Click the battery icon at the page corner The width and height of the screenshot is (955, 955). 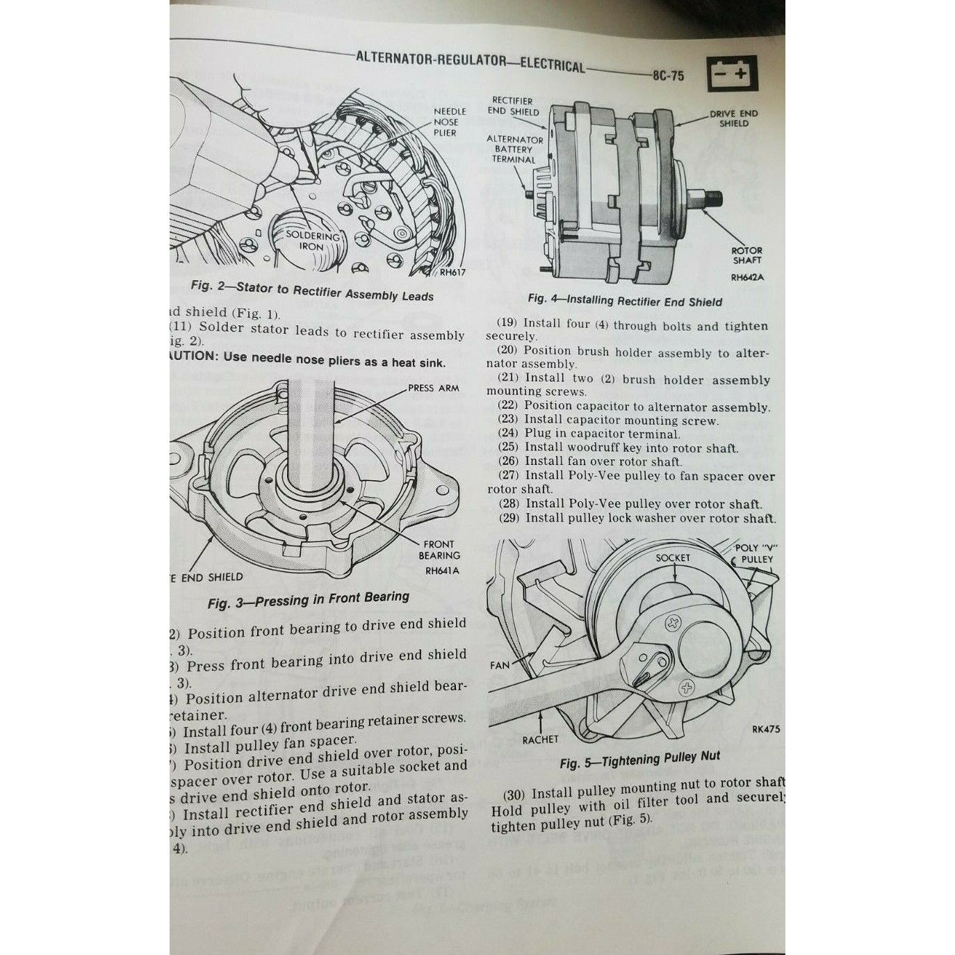coord(732,73)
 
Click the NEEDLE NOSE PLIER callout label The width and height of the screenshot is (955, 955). coord(450,122)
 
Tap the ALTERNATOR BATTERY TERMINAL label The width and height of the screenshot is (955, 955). coord(514,149)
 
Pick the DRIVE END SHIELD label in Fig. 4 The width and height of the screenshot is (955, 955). coord(733,118)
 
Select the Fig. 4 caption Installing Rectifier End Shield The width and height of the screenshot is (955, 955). coord(625,300)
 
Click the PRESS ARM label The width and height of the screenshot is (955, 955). coord(433,388)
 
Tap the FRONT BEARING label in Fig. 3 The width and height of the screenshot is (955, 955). coord(439,550)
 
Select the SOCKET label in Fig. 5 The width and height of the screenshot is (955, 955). coord(673,557)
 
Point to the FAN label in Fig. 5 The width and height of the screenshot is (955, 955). coord(500,665)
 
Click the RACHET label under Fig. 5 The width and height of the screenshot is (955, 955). coord(540,740)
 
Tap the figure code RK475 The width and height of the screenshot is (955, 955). coord(765,730)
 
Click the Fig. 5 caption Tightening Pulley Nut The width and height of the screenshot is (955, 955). coord(639,759)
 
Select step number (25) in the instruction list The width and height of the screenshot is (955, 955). coord(509,448)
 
